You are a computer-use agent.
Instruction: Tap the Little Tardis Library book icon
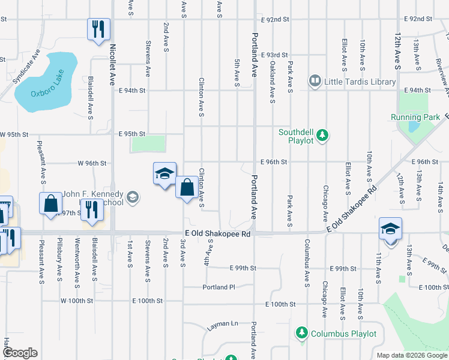tap(314, 80)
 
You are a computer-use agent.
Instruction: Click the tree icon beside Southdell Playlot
tap(323, 135)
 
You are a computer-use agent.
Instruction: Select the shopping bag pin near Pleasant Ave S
tap(50, 203)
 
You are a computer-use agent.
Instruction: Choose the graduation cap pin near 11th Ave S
tap(390, 229)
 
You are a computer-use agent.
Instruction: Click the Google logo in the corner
tap(20, 353)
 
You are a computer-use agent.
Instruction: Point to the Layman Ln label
tap(223, 325)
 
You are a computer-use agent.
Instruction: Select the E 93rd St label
tap(275, 55)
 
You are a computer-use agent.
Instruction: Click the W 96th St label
tap(92, 163)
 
